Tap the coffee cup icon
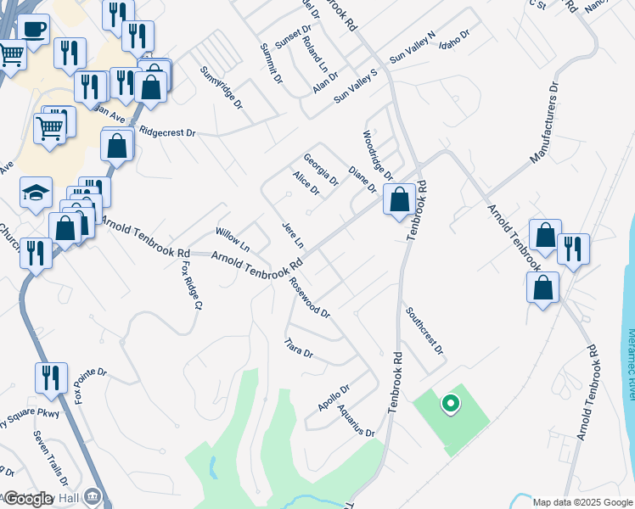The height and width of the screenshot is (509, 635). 33,31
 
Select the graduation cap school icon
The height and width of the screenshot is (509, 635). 37,194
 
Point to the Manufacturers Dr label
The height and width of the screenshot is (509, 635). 546,123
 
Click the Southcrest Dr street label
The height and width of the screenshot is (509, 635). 424,330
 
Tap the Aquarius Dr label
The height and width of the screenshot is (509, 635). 356,420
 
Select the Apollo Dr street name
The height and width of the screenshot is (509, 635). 334,398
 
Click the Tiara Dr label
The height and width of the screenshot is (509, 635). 299,348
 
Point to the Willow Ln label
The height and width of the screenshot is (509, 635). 232,240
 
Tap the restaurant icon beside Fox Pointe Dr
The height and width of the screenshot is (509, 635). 51,378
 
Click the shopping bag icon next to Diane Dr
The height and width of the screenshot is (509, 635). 399,201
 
